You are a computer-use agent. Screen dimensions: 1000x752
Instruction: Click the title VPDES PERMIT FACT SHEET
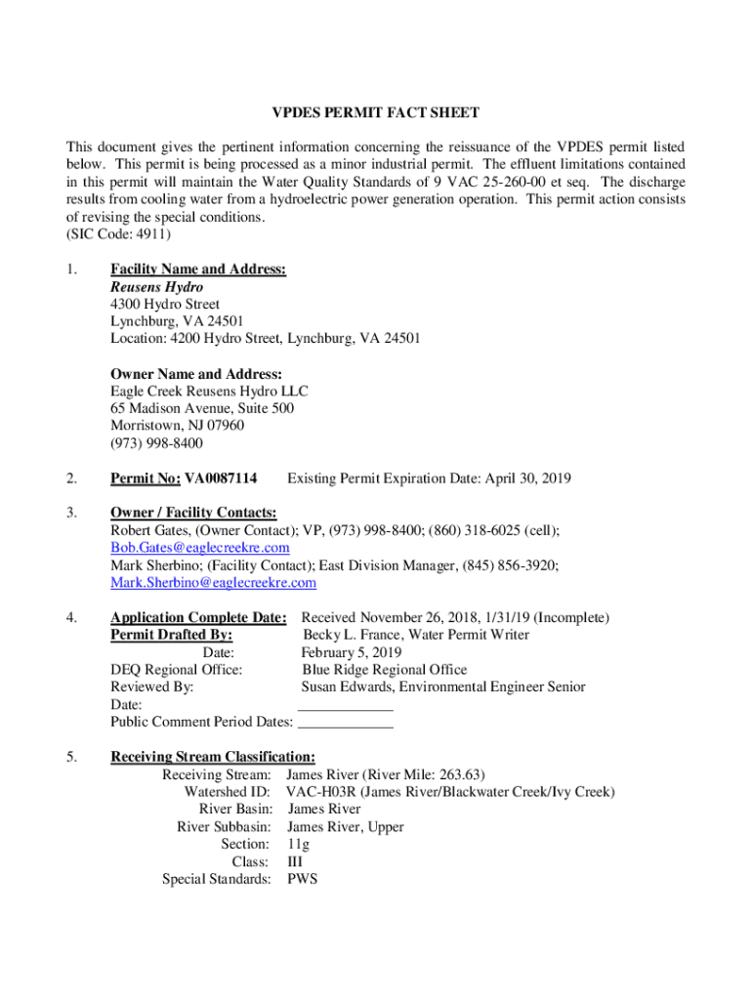[x=375, y=113]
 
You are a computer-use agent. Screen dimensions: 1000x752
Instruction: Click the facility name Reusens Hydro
[x=156, y=287]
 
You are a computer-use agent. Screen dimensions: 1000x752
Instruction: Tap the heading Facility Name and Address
[x=197, y=270]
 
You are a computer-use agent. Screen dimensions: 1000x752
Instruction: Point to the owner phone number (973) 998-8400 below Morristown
[x=156, y=443]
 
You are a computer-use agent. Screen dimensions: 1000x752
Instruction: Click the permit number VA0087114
[x=221, y=479]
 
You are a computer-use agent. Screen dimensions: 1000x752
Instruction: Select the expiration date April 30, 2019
[x=526, y=479]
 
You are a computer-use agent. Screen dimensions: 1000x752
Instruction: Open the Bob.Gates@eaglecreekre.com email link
[x=199, y=548]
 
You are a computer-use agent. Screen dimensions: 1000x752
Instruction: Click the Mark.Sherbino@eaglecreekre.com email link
[x=213, y=583]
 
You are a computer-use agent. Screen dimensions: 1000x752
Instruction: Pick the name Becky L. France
[x=351, y=635]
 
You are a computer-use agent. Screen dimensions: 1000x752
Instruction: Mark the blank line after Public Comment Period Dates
[x=345, y=724]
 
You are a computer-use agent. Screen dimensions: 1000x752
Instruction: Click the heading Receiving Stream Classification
[x=212, y=757]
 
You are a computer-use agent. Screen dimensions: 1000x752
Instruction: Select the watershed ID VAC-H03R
[x=318, y=792]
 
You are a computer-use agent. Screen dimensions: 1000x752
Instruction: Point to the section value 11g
[x=298, y=844]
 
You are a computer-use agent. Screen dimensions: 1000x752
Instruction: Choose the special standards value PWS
[x=302, y=879]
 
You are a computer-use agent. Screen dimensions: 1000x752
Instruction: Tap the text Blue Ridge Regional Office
[x=384, y=670]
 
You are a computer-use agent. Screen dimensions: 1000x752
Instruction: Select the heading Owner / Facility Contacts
[x=193, y=513]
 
